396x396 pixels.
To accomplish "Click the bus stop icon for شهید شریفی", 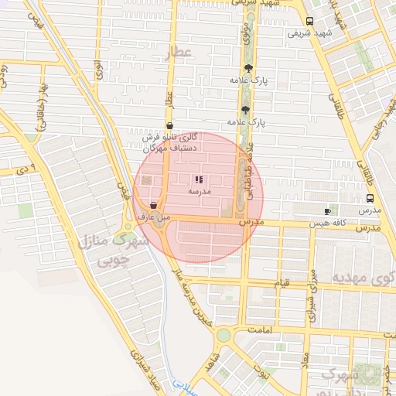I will (309, 22).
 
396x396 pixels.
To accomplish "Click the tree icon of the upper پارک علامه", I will (247, 69).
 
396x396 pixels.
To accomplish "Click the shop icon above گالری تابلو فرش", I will (169, 125).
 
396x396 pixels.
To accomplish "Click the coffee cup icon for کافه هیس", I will (327, 211).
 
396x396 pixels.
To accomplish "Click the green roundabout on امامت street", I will (224, 335).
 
